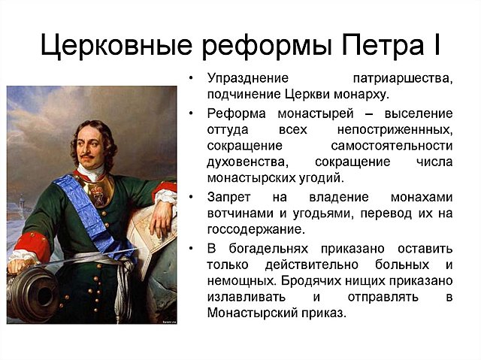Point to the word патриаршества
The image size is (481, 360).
pos(402,79)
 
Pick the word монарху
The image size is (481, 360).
pos(364,95)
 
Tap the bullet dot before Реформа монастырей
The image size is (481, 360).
pos(192,113)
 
